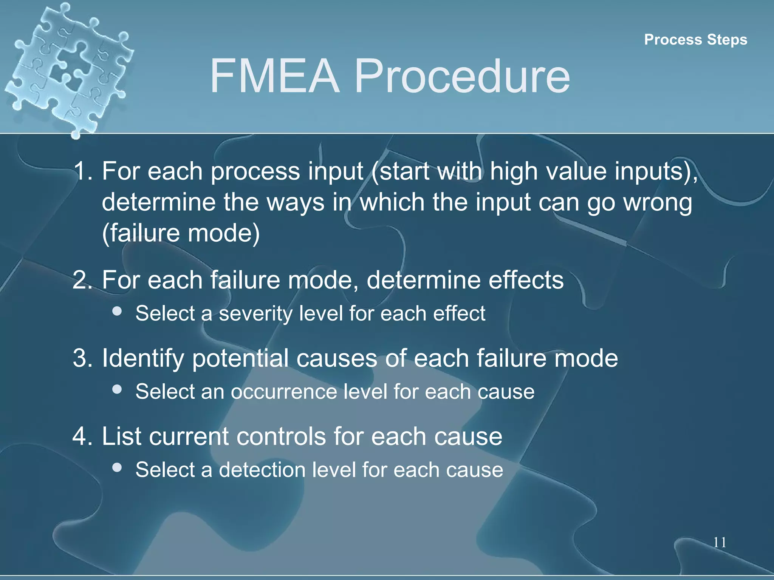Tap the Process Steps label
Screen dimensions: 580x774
(695, 40)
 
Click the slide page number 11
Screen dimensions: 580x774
(720, 543)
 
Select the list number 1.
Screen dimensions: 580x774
(82, 171)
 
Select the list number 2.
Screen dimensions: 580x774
(82, 280)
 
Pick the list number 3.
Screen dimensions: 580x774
(82, 358)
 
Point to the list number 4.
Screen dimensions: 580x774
(82, 436)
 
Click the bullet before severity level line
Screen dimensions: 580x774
(117, 311)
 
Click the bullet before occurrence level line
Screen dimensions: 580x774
(117, 389)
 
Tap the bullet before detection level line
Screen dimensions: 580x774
(117, 467)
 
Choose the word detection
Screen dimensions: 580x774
(262, 470)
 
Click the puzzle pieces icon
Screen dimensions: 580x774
(68, 68)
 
